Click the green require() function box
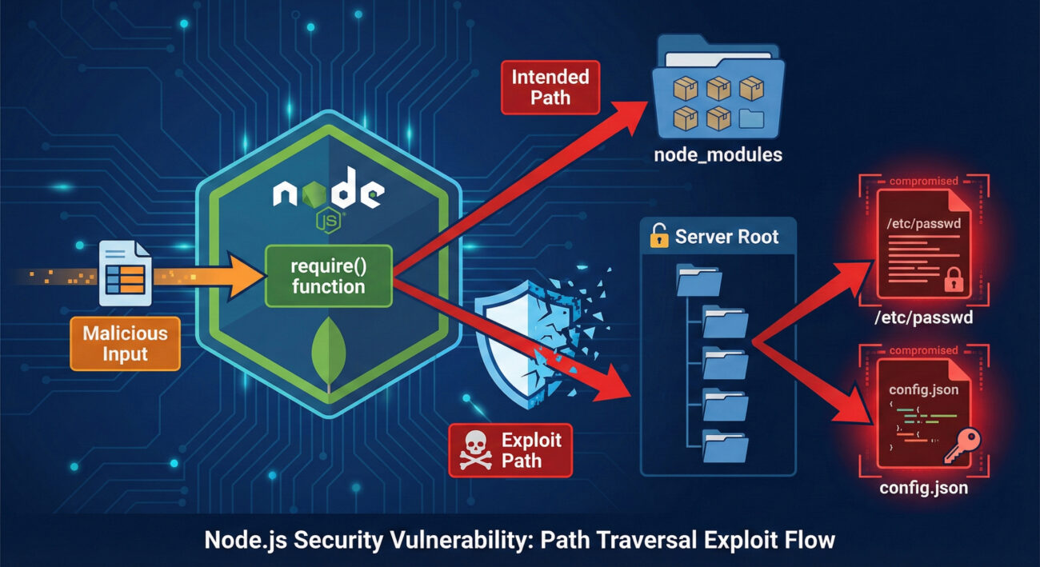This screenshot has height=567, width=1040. pos(328,276)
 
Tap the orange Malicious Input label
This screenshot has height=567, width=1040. pos(125,343)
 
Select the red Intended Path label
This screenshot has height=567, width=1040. pos(550,87)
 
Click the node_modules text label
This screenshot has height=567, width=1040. pos(718,155)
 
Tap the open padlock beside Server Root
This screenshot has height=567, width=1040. pos(658,237)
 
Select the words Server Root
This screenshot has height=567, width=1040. pos(726,237)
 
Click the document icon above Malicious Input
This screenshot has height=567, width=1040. pos(126,275)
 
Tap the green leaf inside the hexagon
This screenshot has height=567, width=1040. pos(329,352)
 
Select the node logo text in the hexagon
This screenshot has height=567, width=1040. pos(328,194)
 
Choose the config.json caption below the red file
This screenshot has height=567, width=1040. pos(924,487)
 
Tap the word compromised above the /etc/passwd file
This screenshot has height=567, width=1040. pos(924,182)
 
